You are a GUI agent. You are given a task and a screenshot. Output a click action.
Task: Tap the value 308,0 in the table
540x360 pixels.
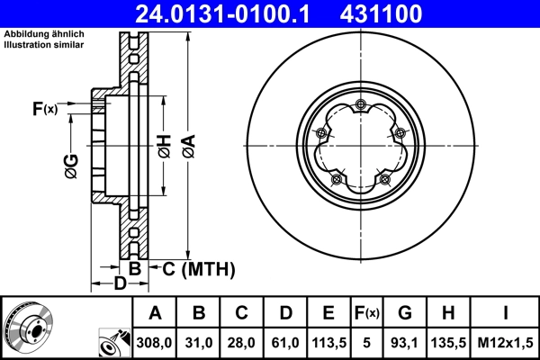point(155,342)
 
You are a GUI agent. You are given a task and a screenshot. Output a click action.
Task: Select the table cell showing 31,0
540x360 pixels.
point(199,342)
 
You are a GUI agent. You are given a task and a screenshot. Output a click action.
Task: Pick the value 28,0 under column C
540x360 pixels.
point(241,342)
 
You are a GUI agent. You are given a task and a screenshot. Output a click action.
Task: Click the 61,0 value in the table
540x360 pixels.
point(284,342)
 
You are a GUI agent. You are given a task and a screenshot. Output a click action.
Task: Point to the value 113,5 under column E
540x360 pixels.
point(328,342)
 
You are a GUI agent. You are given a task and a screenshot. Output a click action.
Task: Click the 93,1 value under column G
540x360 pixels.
point(405,342)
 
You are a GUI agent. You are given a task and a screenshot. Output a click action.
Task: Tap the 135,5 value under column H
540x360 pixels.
point(449,342)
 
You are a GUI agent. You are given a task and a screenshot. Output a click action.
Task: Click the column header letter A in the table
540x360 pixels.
point(155,313)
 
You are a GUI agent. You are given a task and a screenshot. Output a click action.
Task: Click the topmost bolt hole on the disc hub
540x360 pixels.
point(361,106)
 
